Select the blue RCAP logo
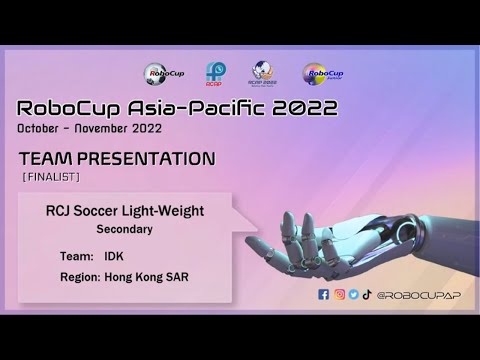pos(215,73)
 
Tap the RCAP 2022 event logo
pos(264,73)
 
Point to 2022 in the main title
pos(303,108)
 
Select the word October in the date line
pos(41,130)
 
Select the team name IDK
pos(115,256)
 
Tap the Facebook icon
pos(323,294)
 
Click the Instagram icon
pos(339,294)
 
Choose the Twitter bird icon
pos(353,294)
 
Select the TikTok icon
pos(367,294)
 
